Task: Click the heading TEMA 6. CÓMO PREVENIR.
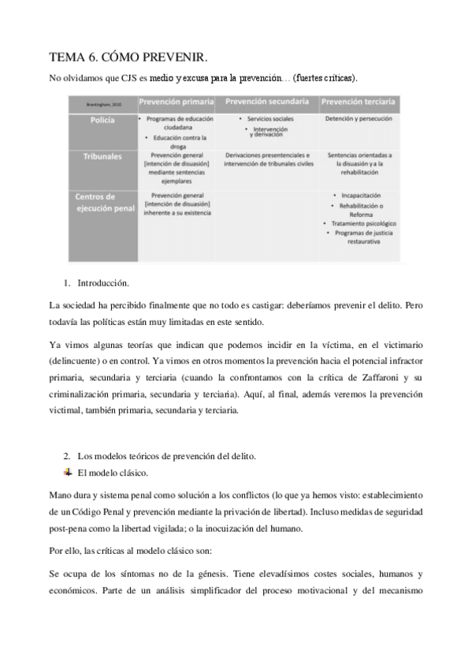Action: tap(128, 57)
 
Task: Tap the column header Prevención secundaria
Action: tap(266, 103)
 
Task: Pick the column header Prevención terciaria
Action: tap(359, 103)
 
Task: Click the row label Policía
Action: tap(93, 119)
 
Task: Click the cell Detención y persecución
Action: tap(359, 118)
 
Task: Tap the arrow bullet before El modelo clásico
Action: tap(67, 472)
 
